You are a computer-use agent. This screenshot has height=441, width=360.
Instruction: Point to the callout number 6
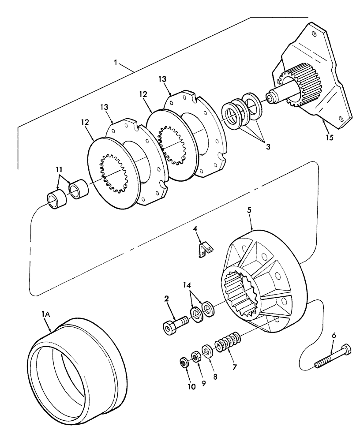point(334,336)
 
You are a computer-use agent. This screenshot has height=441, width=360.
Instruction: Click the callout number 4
point(194,229)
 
